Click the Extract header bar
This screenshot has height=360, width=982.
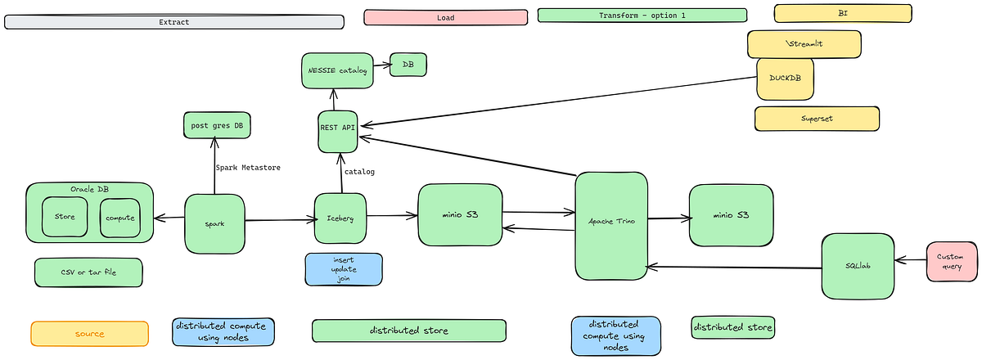click(173, 22)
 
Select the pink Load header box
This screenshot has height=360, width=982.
click(445, 16)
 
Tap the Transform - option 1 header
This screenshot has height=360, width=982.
click(642, 16)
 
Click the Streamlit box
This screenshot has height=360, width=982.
click(804, 44)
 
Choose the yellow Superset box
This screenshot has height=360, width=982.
click(816, 119)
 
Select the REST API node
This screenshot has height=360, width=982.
click(337, 131)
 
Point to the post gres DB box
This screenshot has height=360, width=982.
click(217, 126)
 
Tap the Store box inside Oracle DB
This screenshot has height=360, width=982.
click(65, 218)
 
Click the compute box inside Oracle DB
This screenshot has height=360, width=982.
click(120, 218)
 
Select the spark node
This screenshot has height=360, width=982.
click(215, 223)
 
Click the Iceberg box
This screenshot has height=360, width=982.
click(340, 218)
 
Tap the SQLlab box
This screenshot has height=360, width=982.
click(858, 265)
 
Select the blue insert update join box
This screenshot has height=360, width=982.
click(343, 269)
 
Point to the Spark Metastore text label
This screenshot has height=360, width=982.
click(248, 168)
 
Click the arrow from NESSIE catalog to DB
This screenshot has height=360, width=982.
click(381, 63)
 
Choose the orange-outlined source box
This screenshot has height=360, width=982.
click(90, 334)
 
